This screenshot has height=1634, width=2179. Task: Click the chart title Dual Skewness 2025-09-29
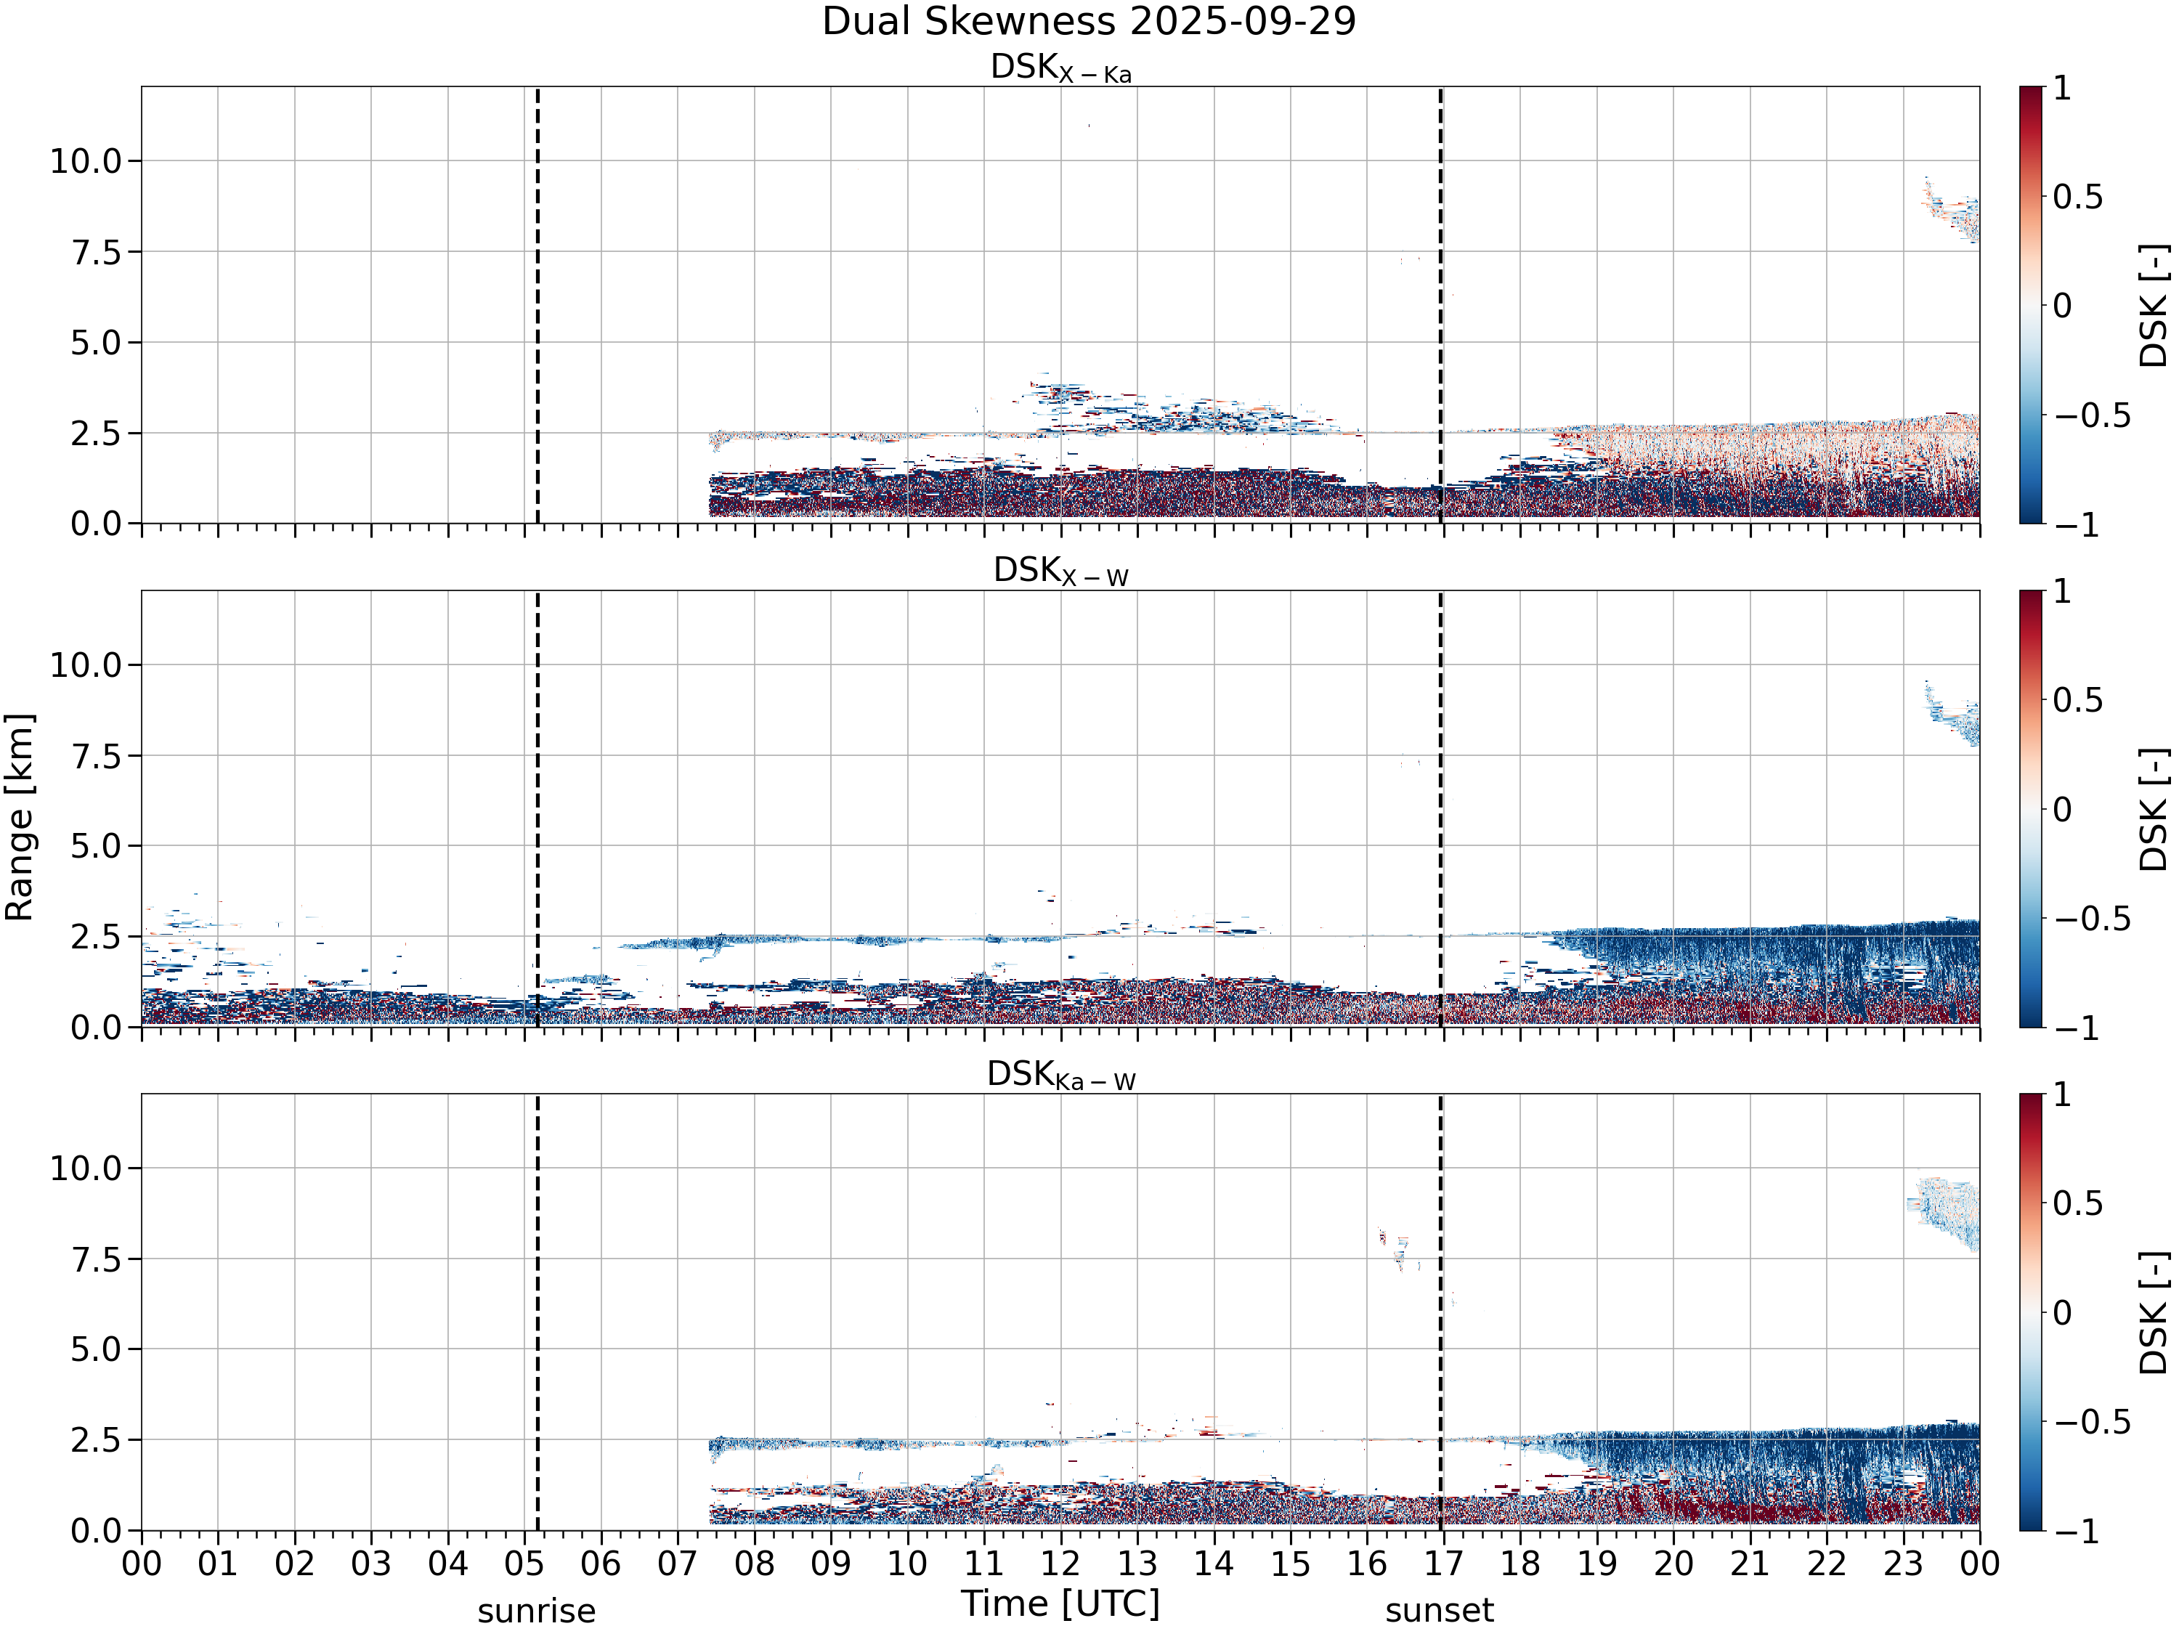[1089, 20]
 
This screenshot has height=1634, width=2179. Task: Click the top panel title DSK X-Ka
[1061, 68]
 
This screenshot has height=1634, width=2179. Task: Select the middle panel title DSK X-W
[1061, 572]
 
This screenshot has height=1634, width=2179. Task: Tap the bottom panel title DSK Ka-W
[1061, 1075]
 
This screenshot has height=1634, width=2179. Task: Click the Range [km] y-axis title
[19, 818]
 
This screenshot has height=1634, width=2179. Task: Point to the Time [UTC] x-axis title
[1061, 1603]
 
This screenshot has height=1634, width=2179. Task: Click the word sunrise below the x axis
[537, 1611]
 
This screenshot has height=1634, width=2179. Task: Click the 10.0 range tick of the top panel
[86, 160]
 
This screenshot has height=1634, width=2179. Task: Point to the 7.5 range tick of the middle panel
[96, 757]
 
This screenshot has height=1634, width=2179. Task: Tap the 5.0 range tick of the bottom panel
[96, 1349]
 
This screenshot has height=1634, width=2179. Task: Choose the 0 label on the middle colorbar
[2063, 810]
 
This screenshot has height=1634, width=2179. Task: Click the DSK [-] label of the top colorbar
[2154, 305]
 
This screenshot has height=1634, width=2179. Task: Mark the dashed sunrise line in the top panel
[537, 305]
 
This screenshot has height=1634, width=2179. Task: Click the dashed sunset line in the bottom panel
[1440, 1312]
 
